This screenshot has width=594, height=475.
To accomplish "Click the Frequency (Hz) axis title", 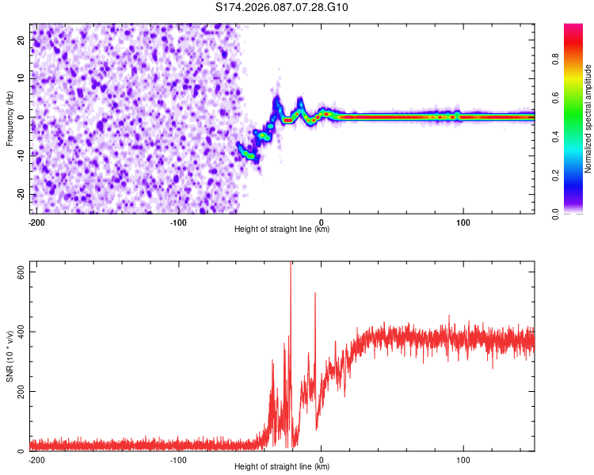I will click(x=10, y=118).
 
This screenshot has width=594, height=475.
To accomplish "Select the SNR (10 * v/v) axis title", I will click(x=10, y=357).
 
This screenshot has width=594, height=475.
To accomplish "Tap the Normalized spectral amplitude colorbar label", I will click(x=588, y=119).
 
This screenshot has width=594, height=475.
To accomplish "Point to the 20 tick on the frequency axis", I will click(x=21, y=40).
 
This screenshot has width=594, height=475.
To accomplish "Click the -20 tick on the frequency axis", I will click(x=20, y=194).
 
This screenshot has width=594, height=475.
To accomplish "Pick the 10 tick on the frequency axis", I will click(x=21, y=78).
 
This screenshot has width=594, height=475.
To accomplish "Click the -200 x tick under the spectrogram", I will click(x=36, y=221).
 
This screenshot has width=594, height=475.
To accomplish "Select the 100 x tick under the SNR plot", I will click(x=463, y=459).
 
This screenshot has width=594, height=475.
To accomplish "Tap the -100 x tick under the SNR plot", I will click(x=178, y=459).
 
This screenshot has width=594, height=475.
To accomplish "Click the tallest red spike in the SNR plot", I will click(x=291, y=265).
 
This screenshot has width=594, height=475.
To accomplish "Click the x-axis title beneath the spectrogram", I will click(x=282, y=230).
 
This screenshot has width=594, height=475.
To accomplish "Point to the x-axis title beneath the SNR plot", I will click(x=282, y=468).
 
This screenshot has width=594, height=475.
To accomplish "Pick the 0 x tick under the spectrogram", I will click(x=321, y=221).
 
